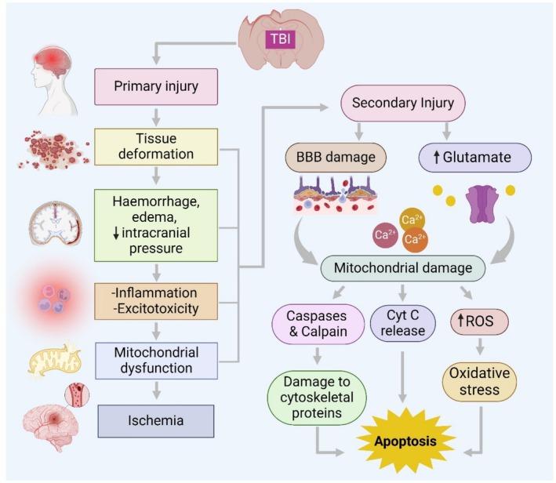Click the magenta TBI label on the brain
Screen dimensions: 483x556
click(278, 37)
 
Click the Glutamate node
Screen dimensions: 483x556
click(476, 158)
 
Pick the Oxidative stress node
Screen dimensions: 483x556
click(480, 382)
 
